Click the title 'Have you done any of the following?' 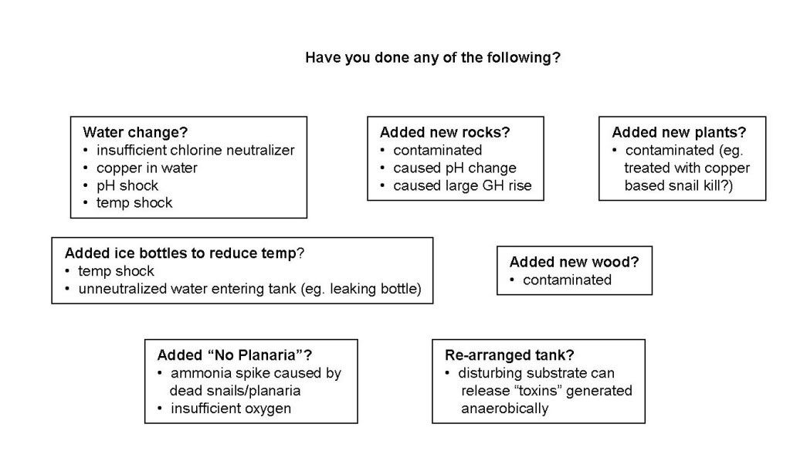pyautogui.click(x=432, y=58)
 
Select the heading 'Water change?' pyautogui.click(x=135, y=132)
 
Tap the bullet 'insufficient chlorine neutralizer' pyautogui.click(x=195, y=150)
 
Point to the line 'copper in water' pyautogui.click(x=147, y=168)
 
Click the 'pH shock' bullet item pyautogui.click(x=127, y=185)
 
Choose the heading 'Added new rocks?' pyautogui.click(x=445, y=132)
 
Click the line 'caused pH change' pyautogui.click(x=455, y=168)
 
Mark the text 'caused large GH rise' pyautogui.click(x=463, y=185)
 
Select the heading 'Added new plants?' pyautogui.click(x=679, y=132)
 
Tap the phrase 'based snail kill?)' pyautogui.click(x=679, y=185)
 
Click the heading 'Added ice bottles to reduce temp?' pyautogui.click(x=185, y=253)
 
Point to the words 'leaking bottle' pyautogui.click(x=373, y=289)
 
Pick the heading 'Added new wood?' pyautogui.click(x=574, y=262)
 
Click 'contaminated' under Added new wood pyautogui.click(x=568, y=280)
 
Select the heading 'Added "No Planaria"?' pyautogui.click(x=234, y=355)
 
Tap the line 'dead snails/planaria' pyautogui.click(x=235, y=391)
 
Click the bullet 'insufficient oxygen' pyautogui.click(x=231, y=408)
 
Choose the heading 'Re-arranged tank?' pyautogui.click(x=510, y=355)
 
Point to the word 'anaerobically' pyautogui.click(x=505, y=408)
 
